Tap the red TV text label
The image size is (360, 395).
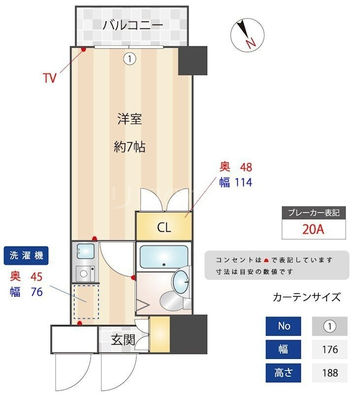point(49,78)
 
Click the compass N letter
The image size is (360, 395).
point(251,43)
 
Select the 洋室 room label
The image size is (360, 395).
point(130,119)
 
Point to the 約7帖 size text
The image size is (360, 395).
point(130,147)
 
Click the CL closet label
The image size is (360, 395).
point(164,228)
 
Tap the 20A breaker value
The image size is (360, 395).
point(314,229)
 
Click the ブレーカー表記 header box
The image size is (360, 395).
point(314,213)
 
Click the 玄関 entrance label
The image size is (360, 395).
point(122,340)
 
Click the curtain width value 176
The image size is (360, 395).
point(329,350)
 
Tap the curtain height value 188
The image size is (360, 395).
point(329,373)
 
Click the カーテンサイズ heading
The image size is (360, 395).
point(306,297)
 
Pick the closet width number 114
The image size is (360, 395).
point(243,183)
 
